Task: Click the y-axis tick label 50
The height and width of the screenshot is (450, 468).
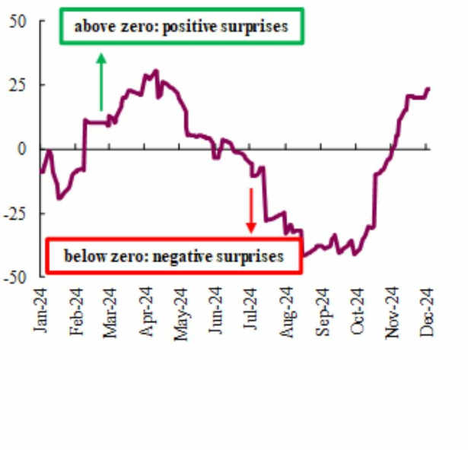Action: click(x=16, y=21)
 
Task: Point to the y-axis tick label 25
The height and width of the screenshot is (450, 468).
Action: click(x=16, y=84)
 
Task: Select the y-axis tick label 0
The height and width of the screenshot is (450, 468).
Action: click(x=22, y=148)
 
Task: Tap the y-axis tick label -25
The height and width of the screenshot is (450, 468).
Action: click(x=15, y=214)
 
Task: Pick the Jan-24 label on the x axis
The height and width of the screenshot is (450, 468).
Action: click(x=41, y=311)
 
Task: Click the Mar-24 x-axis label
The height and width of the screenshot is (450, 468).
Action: click(x=110, y=311)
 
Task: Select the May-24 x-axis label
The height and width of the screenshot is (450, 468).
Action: click(x=180, y=311)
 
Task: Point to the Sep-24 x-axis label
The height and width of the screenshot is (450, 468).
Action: click(x=323, y=311)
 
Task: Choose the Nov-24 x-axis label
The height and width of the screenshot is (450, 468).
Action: click(x=393, y=311)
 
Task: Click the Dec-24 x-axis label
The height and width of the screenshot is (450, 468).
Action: click(x=428, y=311)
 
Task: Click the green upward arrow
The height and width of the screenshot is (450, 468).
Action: click(x=101, y=81)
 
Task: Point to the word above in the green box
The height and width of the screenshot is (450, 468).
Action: click(x=91, y=27)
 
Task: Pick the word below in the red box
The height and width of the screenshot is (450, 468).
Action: click(x=81, y=257)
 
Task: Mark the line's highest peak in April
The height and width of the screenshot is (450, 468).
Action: click(x=156, y=71)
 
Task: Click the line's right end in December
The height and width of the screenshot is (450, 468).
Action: click(x=429, y=88)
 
